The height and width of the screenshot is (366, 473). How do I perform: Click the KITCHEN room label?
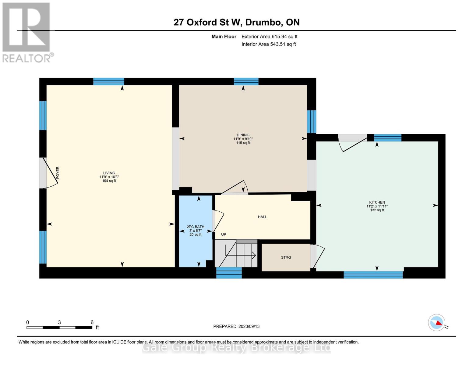(x=377, y=203)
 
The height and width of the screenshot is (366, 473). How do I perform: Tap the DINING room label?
(x=243, y=135)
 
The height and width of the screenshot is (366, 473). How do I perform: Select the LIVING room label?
(x=109, y=173)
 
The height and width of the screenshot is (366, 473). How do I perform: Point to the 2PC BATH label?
(x=195, y=227)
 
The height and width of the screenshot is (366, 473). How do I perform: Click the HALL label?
(x=262, y=217)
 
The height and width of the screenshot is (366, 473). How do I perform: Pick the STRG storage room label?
(x=286, y=257)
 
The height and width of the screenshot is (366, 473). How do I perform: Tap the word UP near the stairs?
(x=224, y=235)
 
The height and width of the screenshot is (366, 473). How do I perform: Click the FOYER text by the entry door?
(x=58, y=173)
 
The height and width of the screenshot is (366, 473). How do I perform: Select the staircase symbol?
(x=236, y=253)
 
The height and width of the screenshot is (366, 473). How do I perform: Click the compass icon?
(x=436, y=322)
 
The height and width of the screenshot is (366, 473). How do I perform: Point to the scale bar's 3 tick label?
(x=59, y=322)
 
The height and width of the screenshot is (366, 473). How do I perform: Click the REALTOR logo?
(x=27, y=32)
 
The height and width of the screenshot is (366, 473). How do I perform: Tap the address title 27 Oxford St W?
(x=236, y=22)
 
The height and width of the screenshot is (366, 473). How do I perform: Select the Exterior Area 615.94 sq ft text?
(x=269, y=37)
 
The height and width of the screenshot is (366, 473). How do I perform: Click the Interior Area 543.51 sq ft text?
(x=269, y=44)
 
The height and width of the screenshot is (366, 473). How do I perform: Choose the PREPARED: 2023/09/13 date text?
(x=236, y=326)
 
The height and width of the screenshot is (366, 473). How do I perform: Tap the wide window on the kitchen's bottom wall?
(x=373, y=275)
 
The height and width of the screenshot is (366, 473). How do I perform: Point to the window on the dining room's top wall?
(x=246, y=81)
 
